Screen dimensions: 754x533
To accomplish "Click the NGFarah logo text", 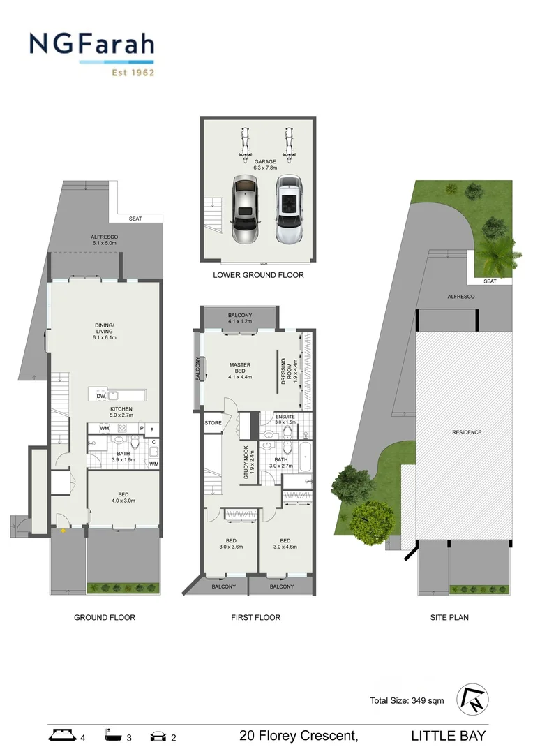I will pos(91,45).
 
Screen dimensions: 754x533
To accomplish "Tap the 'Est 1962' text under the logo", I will pos(133,72).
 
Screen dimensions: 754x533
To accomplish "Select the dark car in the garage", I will pos(245,209).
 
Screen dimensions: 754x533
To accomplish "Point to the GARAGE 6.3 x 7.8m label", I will pos(265,165).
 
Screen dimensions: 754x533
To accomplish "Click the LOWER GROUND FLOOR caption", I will pos(258,275).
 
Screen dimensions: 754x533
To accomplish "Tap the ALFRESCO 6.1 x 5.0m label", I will pos(105,240).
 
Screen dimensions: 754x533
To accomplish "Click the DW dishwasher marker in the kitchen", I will pos(100,396).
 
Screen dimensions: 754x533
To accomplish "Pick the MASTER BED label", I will pos(239,371).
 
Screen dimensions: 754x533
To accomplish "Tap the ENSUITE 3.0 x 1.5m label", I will pos(285,420).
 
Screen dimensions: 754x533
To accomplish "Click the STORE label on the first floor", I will pos(213,423).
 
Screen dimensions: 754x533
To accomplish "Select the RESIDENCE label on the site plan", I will pos(467,432).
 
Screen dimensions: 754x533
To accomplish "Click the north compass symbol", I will pos(473,699).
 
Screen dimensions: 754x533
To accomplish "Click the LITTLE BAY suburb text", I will pos(448,735).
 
